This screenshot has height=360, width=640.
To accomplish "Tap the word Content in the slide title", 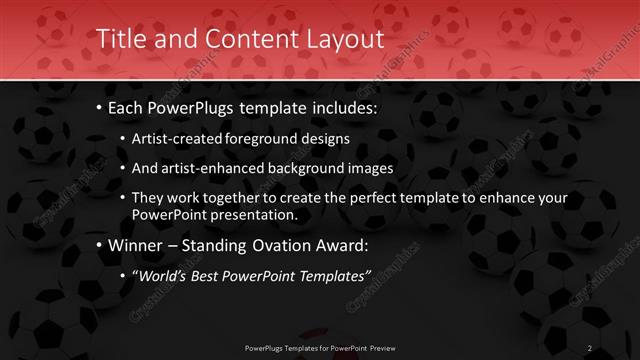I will tap(243, 39).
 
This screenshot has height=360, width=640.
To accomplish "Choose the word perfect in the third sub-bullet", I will tap(364, 198).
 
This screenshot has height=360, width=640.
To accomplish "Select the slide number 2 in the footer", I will tap(590, 348).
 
